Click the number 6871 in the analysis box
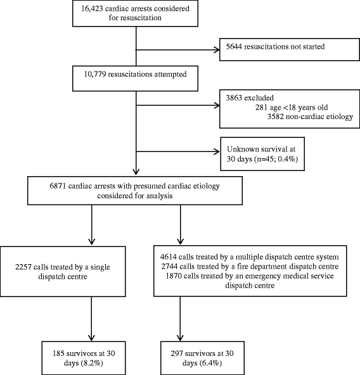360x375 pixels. tap(70, 181)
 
